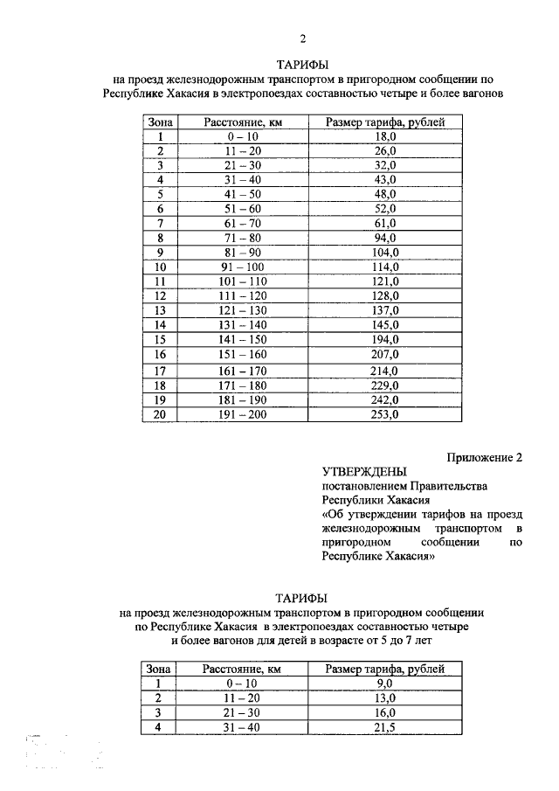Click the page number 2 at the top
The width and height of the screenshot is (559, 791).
click(x=303, y=38)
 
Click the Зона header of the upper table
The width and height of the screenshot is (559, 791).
click(x=161, y=122)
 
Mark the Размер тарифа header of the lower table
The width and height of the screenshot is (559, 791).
click(x=385, y=669)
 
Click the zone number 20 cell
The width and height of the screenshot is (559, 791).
click(x=160, y=413)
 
